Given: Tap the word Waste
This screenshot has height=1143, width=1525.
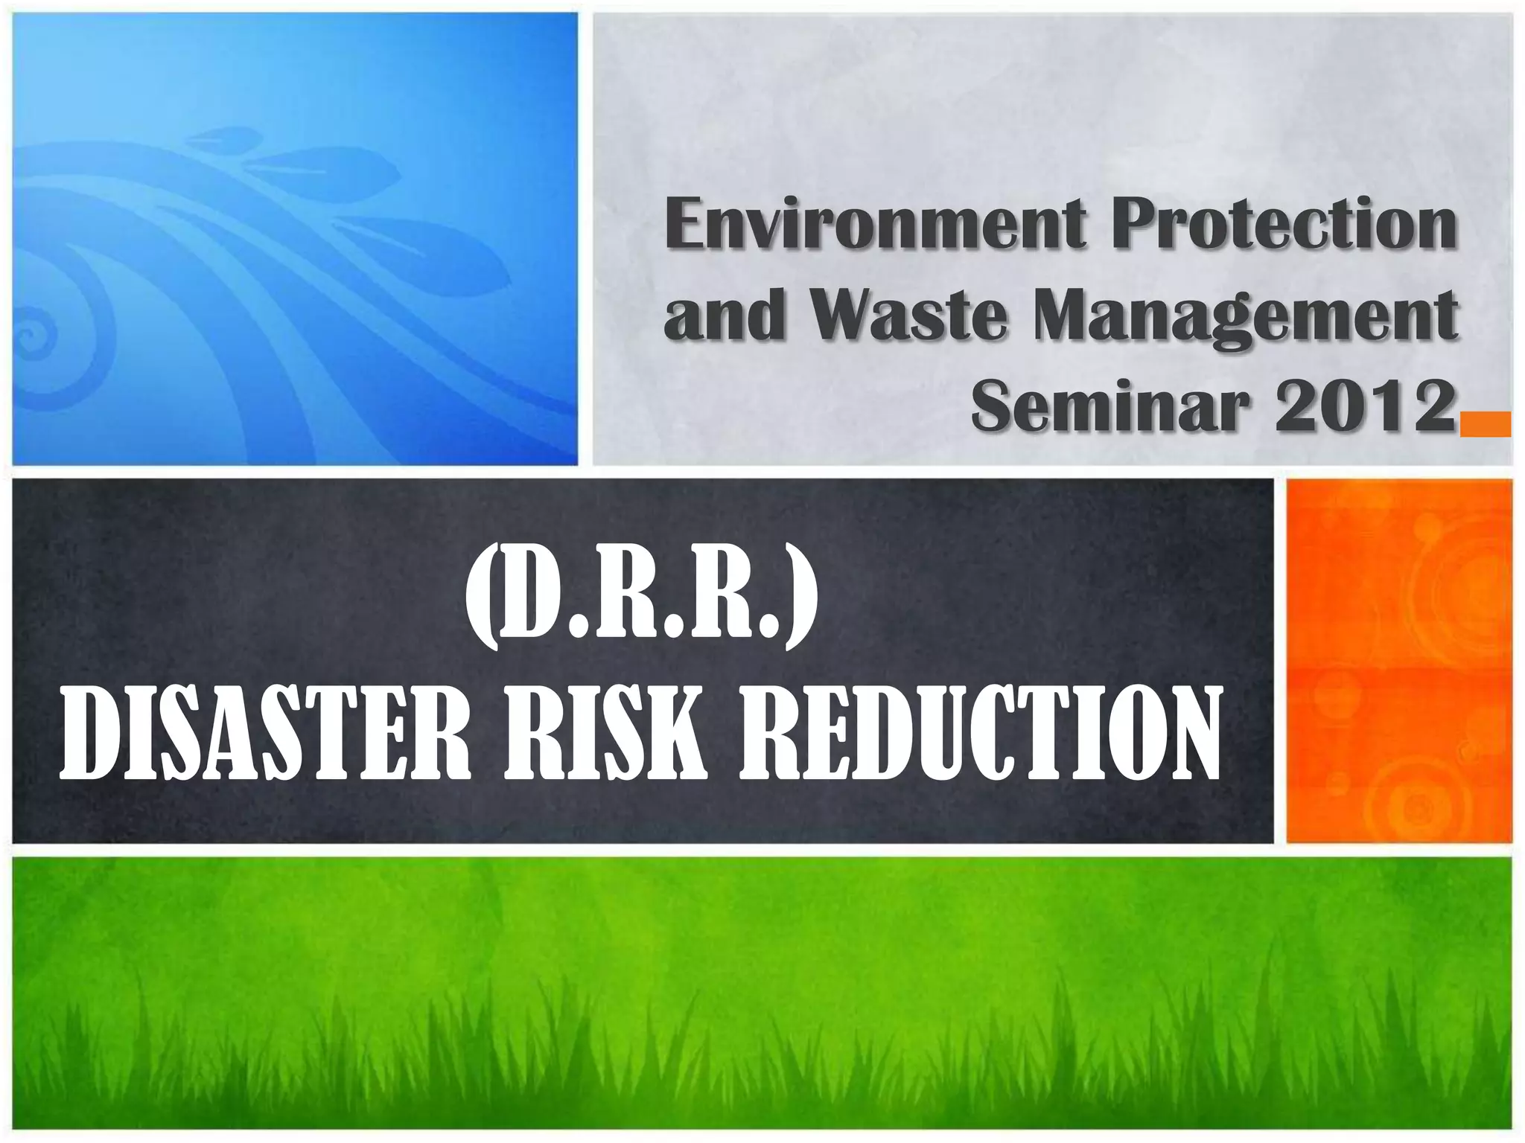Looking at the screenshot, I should coord(908,316).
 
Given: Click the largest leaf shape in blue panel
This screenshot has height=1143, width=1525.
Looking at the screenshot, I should coord(424,253).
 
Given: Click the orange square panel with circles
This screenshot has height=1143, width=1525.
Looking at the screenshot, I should coord(1398,661).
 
